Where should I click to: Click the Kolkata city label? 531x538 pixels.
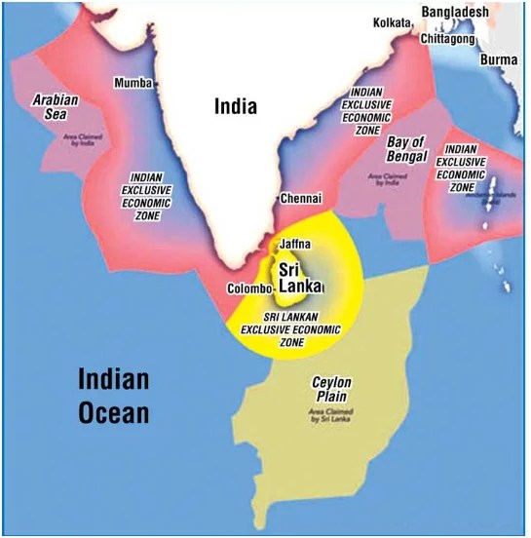tap(392, 21)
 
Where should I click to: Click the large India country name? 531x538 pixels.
tap(236, 105)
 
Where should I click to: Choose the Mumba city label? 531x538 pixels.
tap(133, 83)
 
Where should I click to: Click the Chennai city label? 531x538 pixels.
tap(300, 198)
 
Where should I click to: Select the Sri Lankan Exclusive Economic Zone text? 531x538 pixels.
tap(293, 328)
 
